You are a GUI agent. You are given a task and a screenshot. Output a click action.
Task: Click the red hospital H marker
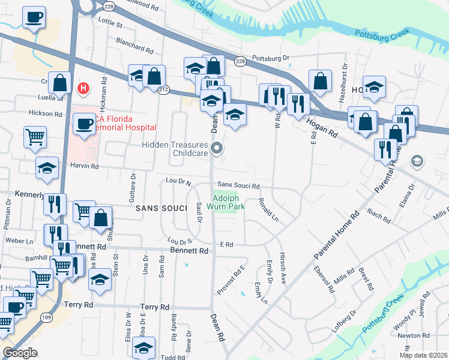point(83,88)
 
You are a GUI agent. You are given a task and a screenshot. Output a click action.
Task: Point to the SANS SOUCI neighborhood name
point(158,208)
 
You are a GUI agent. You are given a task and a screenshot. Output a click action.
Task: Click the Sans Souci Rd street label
point(238,186)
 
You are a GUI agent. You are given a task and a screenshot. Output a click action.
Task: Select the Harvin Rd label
point(84,166)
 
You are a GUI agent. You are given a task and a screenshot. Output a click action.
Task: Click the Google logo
point(20,353)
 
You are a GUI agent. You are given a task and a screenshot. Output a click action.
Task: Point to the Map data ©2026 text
point(423,355)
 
